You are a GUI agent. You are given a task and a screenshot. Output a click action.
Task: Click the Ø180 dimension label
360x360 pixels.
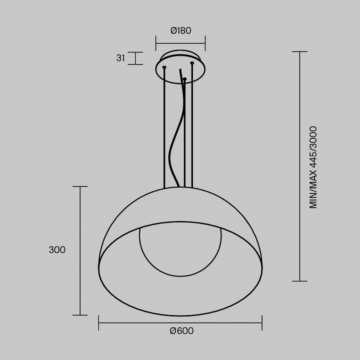tap(180, 30)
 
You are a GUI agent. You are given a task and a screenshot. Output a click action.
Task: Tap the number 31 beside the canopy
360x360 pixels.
tap(120, 58)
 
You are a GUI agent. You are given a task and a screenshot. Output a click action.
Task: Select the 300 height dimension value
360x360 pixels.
tap(57, 250)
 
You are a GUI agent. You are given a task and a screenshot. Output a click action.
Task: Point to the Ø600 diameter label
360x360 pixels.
tap(181, 331)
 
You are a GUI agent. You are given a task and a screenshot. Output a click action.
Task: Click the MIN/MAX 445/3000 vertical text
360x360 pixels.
tap(313, 167)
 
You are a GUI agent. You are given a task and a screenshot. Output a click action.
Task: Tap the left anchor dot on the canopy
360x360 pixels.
tap(164, 66)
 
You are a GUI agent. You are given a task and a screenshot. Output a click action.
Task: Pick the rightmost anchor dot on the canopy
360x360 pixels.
tap(191, 63)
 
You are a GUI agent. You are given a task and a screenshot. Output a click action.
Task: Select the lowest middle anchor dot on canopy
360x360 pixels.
tap(184, 78)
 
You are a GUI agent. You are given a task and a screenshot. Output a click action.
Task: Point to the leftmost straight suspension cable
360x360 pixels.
tap(164, 130)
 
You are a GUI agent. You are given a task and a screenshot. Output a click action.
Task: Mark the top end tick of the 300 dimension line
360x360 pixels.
tap(80, 186)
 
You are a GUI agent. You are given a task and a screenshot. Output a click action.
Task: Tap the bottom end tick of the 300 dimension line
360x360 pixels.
tap(80, 315)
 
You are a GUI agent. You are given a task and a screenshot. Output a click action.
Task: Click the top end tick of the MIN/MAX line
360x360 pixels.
tap(299, 51)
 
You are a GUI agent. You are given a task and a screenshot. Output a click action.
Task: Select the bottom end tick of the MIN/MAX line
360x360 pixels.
tap(299, 281)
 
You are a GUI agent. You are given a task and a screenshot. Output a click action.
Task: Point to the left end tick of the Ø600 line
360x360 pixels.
tap(98, 323)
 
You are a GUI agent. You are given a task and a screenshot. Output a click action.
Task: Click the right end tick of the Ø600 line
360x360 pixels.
tap(262, 323)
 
